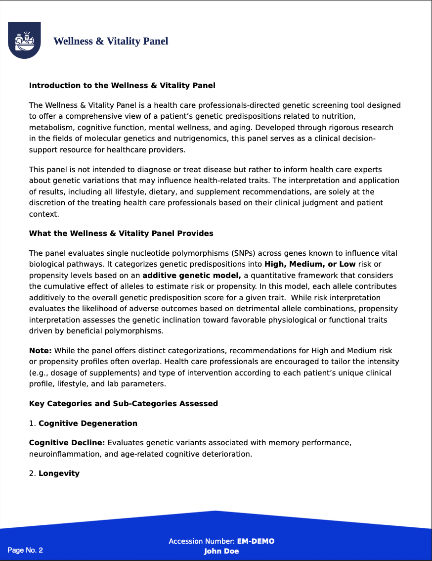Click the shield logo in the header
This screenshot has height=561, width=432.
point(24,40)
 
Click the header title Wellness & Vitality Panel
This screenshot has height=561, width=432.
point(111,41)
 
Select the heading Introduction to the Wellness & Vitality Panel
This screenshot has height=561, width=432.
point(122,86)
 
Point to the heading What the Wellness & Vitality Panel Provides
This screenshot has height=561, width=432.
point(121,234)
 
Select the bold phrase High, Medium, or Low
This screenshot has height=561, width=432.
point(310,264)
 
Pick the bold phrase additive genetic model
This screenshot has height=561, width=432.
point(192,276)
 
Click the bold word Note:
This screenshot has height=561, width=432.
point(41,351)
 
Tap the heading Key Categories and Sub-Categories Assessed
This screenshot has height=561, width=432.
point(123,404)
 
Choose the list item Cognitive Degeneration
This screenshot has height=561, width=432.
point(88,423)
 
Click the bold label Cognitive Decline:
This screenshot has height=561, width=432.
point(67,443)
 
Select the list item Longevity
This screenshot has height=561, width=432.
point(59,473)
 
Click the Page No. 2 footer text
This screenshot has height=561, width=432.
point(25,550)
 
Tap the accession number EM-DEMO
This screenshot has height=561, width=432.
point(256,541)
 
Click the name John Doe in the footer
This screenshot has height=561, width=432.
point(221,551)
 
